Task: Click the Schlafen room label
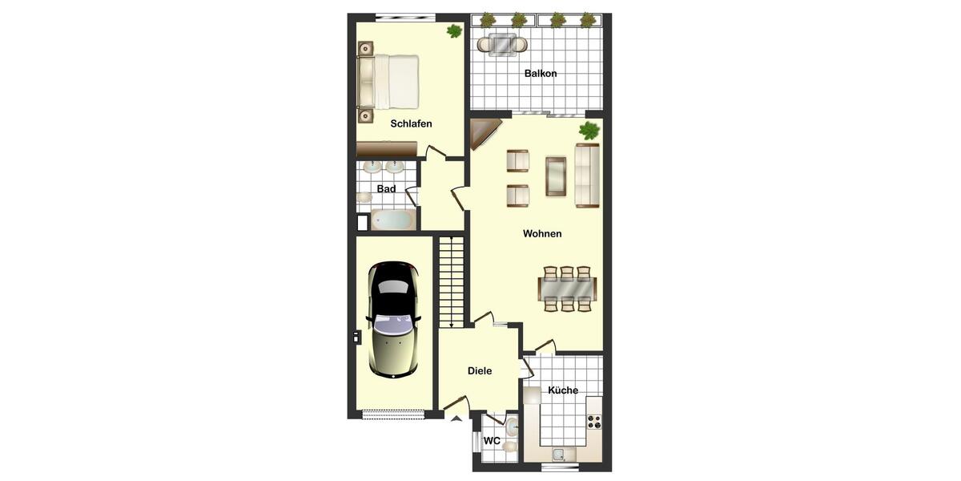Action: tap(411, 123)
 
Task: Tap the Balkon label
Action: tap(541, 74)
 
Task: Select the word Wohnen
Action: tap(542, 234)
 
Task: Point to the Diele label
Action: tap(480, 371)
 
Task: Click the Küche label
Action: tap(563, 390)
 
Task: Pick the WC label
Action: tap(492, 441)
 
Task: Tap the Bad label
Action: tap(387, 189)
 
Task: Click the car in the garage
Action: tap(392, 319)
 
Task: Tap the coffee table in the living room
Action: tap(556, 176)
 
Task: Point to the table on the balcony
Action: tap(503, 44)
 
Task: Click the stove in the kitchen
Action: tap(594, 421)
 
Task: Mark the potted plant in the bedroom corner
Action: tap(454, 31)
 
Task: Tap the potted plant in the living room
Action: tap(589, 131)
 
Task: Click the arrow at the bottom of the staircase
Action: tap(452, 324)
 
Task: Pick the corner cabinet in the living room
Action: tap(482, 131)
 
